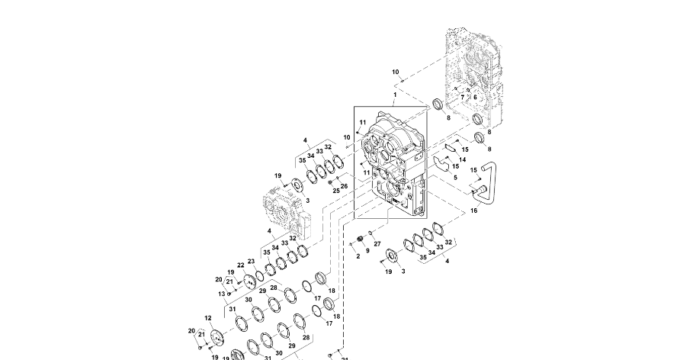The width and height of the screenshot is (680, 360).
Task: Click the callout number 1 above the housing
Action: tap(394, 95)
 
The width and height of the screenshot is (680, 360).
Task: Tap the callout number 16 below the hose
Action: tap(473, 211)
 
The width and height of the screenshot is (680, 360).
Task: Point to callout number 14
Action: tap(462, 159)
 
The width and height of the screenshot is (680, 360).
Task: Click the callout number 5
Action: tap(455, 177)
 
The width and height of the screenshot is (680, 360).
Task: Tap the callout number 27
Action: tap(377, 244)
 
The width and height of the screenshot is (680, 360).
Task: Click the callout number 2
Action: tap(358, 256)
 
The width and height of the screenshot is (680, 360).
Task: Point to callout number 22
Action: tap(240, 266)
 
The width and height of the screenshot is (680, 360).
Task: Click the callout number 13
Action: tap(222, 294)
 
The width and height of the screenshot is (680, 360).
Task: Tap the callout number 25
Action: tap(335, 190)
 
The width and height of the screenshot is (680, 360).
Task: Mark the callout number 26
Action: tap(344, 185)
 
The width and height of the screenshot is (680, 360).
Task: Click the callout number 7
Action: tap(462, 98)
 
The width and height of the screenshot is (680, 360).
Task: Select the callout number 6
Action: tap(474, 97)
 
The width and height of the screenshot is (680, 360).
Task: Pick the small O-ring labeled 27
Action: tap(370, 233)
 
